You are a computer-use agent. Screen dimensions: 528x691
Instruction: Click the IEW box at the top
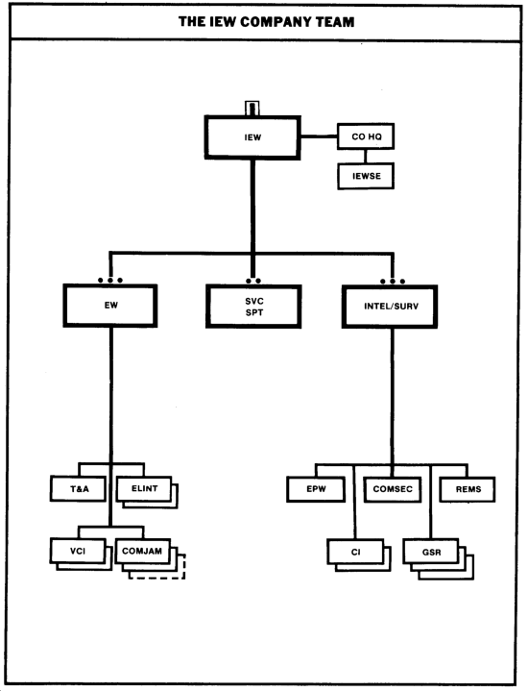click(252, 137)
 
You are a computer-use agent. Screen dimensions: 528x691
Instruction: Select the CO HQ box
click(366, 136)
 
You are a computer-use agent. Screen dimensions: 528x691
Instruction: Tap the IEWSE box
click(366, 176)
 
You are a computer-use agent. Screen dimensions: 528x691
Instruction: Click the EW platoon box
click(110, 306)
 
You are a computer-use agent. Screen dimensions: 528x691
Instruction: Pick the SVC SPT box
click(253, 307)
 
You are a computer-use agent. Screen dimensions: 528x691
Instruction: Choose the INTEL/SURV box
click(390, 307)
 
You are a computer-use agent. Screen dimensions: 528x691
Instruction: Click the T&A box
click(79, 489)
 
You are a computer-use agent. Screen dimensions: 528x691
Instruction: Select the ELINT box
click(144, 489)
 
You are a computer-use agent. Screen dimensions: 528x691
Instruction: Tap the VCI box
click(78, 551)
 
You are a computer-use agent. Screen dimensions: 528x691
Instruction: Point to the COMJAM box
click(143, 551)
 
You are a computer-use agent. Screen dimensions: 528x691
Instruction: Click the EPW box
click(316, 489)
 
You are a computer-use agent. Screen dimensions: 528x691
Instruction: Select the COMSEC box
click(393, 489)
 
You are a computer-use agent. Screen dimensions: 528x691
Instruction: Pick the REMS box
click(468, 489)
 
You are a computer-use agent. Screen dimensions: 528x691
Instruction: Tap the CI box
click(356, 552)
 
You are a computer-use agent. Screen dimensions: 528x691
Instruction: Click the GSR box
click(431, 552)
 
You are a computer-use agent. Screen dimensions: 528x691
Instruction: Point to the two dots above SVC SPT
click(253, 281)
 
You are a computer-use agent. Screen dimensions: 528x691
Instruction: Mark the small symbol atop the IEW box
click(252, 108)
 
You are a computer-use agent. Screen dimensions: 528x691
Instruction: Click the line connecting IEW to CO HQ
click(320, 136)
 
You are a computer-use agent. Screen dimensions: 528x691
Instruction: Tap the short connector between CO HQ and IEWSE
click(365, 156)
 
